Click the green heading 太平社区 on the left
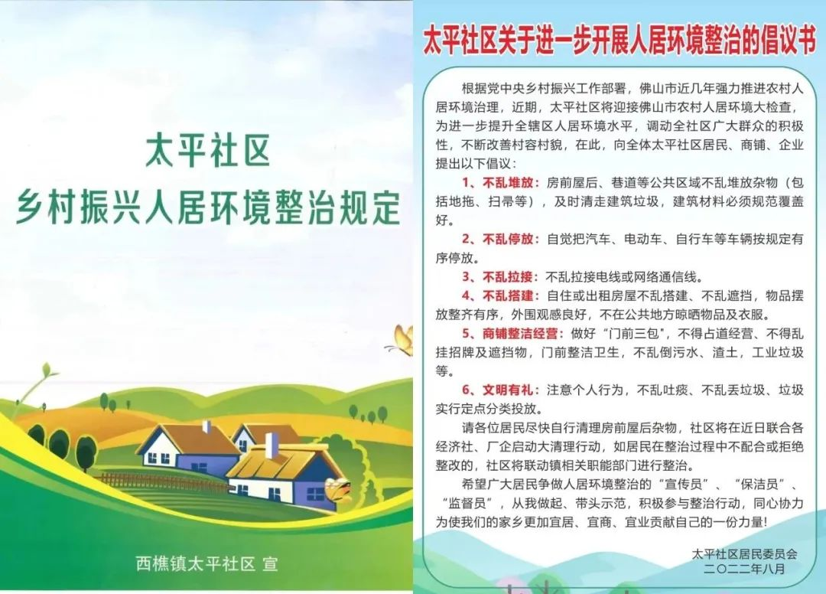coord(207,151)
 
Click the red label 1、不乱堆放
coord(500,183)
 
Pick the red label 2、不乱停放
coord(500,240)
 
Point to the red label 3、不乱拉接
coord(500,276)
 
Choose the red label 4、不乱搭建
coord(500,295)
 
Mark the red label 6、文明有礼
coord(500,390)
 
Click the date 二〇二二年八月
coord(744,569)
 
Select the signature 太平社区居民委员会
coord(744,554)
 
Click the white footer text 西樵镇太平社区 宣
coord(206,564)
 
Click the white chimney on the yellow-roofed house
coord(271,446)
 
